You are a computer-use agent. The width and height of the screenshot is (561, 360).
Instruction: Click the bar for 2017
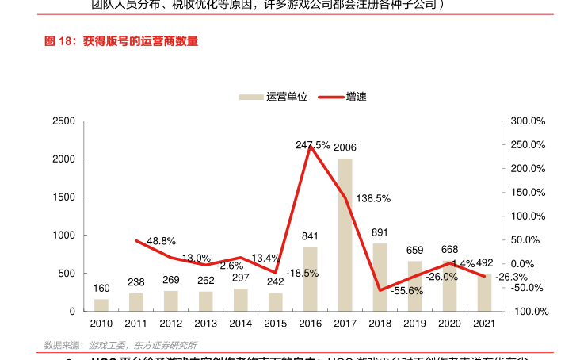click(345, 235)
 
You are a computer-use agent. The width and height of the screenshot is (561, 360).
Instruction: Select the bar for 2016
click(310, 279)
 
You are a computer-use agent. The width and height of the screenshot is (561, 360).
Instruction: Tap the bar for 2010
click(101, 305)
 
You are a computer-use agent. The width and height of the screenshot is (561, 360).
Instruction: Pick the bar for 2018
click(380, 277)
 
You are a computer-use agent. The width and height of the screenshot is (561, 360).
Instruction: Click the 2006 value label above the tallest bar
click(345, 147)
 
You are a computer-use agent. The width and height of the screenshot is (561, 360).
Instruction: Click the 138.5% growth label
click(373, 198)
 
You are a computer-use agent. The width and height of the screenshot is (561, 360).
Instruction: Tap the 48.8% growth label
click(161, 241)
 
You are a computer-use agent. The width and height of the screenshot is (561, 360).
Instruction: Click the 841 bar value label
click(310, 236)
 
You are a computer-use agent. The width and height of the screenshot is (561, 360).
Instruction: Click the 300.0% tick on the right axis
click(529, 121)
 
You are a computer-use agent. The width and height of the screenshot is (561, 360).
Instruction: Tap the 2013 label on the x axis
click(205, 324)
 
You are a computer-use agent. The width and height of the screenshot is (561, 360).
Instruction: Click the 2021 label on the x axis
click(484, 324)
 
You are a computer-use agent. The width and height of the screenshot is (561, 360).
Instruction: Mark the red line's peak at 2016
click(311, 147)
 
